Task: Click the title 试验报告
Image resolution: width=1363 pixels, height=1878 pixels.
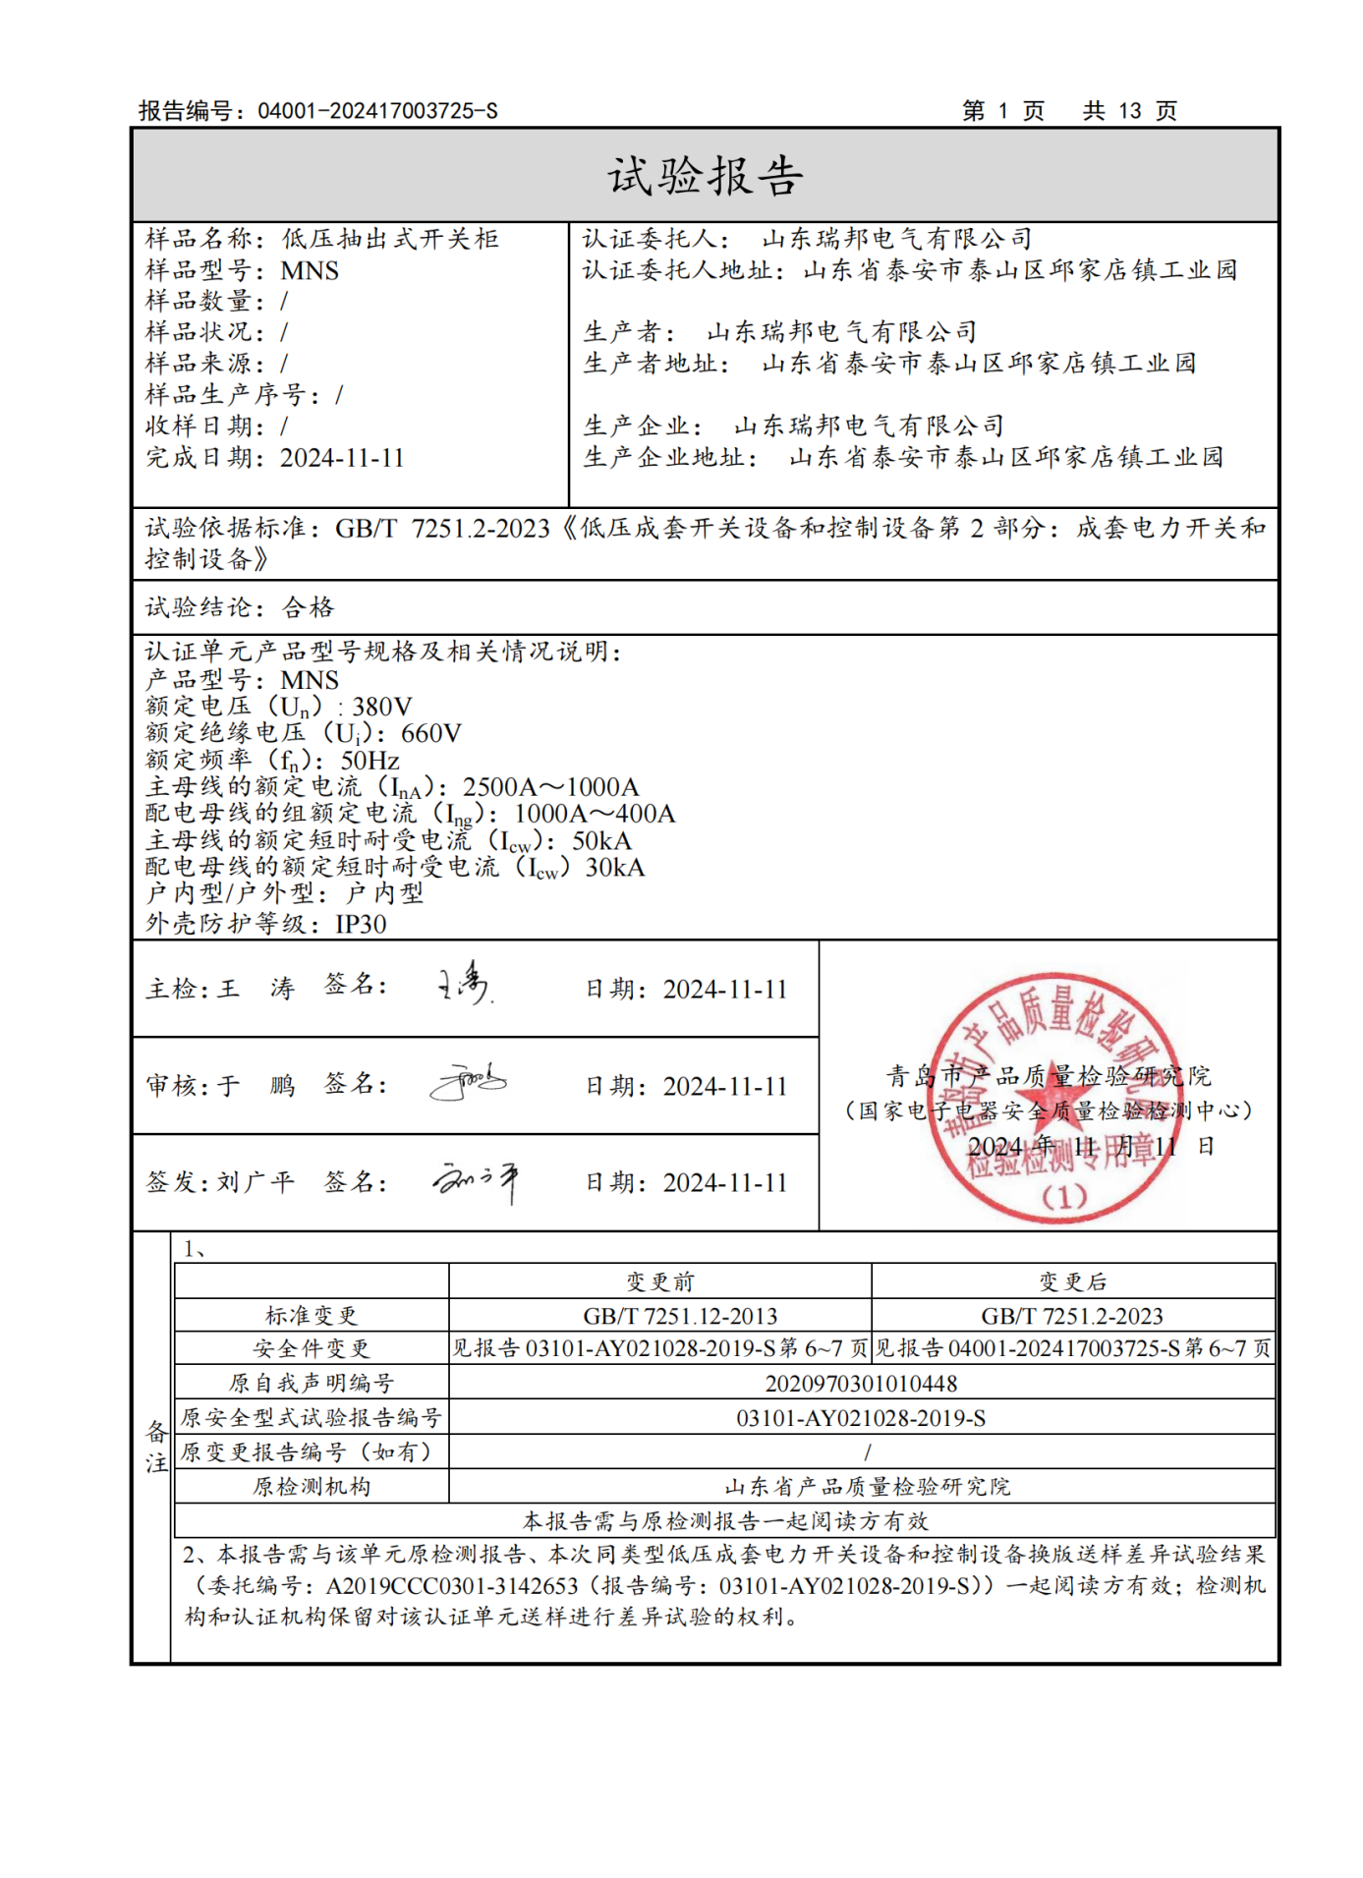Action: point(706,177)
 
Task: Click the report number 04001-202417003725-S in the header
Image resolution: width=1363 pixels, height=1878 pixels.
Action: point(377,111)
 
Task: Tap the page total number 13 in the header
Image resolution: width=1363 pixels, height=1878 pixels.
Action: point(1129,111)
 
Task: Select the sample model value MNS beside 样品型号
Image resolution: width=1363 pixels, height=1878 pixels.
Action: point(310,271)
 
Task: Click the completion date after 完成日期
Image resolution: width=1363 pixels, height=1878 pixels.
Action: point(342,458)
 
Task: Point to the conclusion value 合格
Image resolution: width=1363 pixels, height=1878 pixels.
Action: point(309,607)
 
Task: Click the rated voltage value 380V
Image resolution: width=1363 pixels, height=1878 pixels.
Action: point(382,707)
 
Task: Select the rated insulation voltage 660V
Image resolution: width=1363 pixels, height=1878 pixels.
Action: point(430,733)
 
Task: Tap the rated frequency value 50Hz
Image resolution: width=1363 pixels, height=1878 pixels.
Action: point(369,761)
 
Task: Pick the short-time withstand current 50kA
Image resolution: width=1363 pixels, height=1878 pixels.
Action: point(601,841)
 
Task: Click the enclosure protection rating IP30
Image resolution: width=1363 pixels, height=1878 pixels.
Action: point(361,924)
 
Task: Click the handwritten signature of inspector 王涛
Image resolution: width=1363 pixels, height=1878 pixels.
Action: point(464,984)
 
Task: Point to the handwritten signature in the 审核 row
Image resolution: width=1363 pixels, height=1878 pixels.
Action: point(468,1083)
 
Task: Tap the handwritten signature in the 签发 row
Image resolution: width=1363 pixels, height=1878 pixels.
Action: point(477,1180)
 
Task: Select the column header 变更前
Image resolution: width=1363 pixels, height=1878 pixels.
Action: point(659,1281)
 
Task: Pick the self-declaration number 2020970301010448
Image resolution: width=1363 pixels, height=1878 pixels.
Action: point(861,1384)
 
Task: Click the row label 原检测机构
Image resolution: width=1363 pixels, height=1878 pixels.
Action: point(312,1487)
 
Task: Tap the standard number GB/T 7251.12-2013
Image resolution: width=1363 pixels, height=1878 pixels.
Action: point(680,1316)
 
